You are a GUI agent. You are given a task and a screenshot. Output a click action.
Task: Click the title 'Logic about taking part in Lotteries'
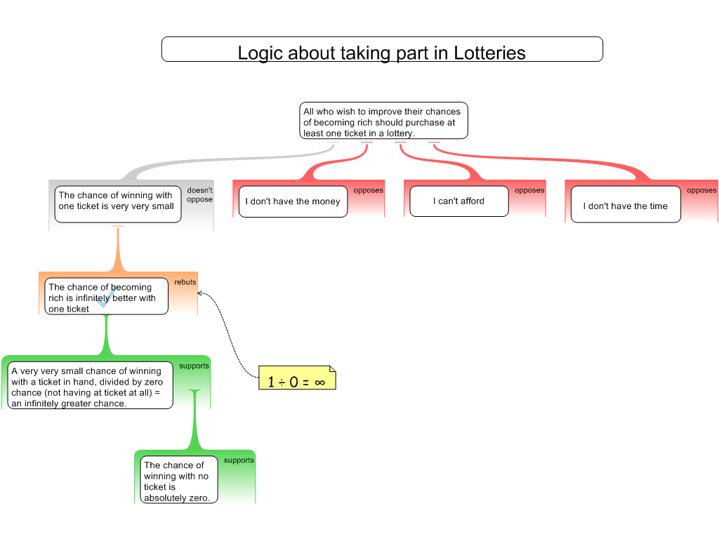[x=381, y=53]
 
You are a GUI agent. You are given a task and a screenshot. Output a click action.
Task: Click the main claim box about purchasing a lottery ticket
[x=383, y=122]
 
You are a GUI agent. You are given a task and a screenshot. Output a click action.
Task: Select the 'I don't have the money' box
[x=292, y=201]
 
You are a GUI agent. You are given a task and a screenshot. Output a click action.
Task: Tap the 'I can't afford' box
[x=459, y=201]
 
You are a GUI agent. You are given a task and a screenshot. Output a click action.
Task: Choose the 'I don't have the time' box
[x=625, y=206]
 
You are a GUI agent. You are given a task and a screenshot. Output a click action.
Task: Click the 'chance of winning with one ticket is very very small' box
[x=117, y=201]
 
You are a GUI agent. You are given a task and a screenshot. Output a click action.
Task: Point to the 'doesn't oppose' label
[x=199, y=195]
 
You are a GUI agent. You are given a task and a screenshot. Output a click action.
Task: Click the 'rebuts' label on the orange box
[x=185, y=282]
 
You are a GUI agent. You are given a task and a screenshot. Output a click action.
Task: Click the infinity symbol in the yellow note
[x=319, y=382]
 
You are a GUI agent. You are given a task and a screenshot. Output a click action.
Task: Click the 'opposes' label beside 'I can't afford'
[x=529, y=190]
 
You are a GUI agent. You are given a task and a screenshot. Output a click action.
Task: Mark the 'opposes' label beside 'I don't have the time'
[x=701, y=190]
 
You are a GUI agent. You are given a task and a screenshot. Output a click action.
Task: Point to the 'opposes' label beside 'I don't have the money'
[x=368, y=190]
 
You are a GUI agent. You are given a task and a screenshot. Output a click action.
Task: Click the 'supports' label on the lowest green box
[x=239, y=460]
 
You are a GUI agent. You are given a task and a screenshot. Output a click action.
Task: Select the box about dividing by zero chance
[x=90, y=385]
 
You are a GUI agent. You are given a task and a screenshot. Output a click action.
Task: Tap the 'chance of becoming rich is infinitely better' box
[x=105, y=298]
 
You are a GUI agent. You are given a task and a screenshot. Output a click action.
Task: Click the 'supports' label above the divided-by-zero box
[x=194, y=366]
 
